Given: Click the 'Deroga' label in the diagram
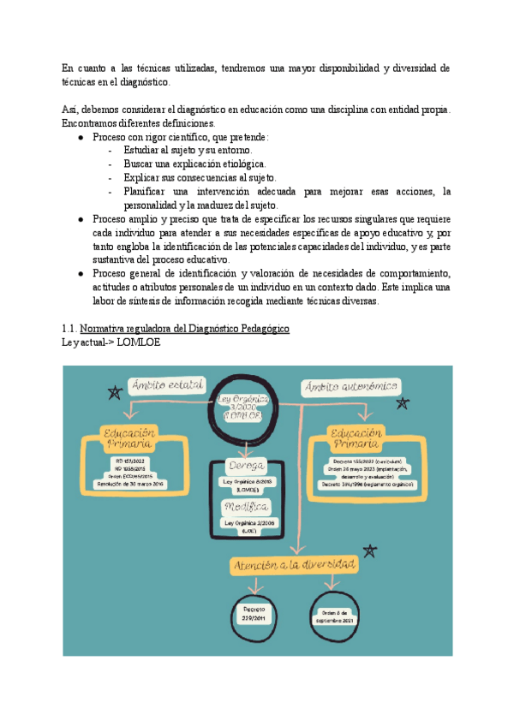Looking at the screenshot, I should click(x=245, y=466).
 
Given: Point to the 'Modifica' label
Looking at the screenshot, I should click(x=246, y=507).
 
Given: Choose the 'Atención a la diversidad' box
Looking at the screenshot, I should click(x=296, y=566).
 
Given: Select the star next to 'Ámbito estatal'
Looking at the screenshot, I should click(x=113, y=392).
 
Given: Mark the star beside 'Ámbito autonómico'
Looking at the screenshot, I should click(x=403, y=402).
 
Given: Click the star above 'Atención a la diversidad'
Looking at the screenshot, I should click(x=370, y=550).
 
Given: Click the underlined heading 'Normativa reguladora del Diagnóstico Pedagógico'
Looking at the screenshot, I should click(x=184, y=329).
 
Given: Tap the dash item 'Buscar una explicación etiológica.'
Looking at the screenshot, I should click(x=194, y=163).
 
